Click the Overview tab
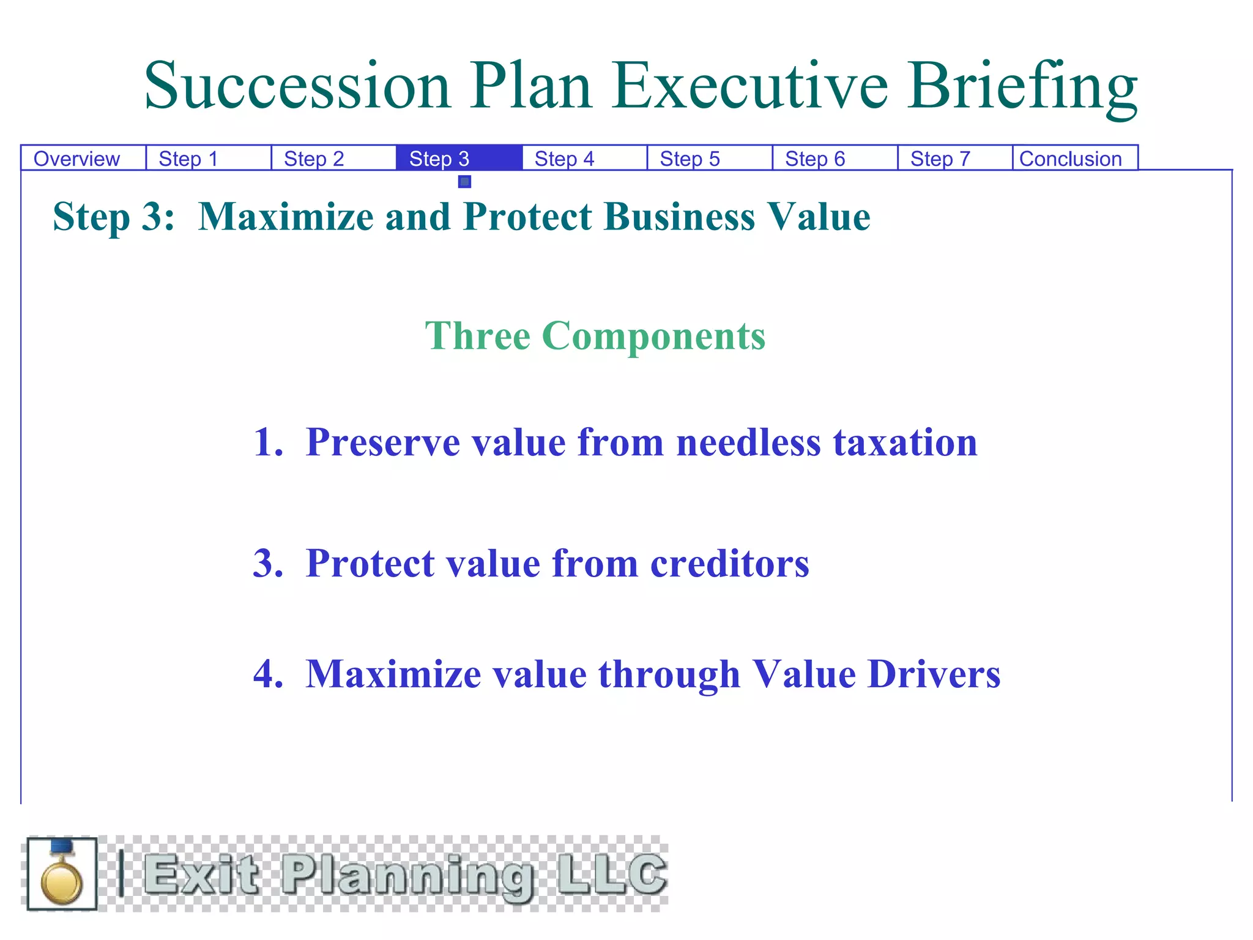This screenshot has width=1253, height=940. (76, 159)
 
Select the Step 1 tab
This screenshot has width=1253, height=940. (188, 159)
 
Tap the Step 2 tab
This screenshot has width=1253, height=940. (314, 159)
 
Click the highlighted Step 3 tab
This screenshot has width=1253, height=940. (439, 159)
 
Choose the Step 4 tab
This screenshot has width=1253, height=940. (564, 159)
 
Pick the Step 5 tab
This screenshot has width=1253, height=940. (690, 159)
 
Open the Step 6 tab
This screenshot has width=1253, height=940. (815, 159)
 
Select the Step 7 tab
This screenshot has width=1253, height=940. (940, 159)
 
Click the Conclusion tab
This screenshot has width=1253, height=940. (1070, 159)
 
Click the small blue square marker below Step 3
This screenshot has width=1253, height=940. (464, 182)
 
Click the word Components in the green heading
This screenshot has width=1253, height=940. (653, 336)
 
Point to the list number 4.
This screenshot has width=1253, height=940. (267, 674)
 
